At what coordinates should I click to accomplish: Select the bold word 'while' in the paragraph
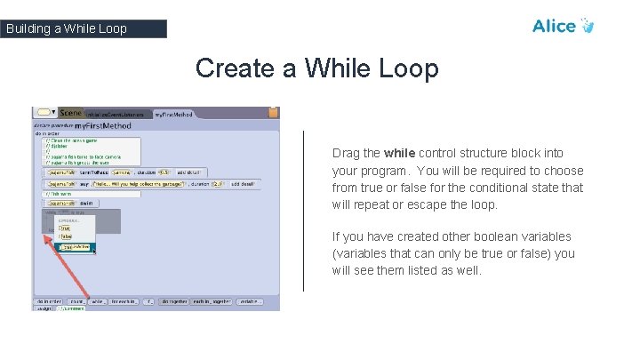coord(399,153)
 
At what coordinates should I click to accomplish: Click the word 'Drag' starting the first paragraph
coord(347,153)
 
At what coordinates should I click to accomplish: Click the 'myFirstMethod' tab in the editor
coord(173,114)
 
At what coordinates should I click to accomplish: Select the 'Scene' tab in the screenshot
coord(70,113)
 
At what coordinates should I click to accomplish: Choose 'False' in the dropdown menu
coord(65,237)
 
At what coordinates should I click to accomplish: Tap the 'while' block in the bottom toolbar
coord(98,301)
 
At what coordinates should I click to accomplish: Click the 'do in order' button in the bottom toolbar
coord(48,301)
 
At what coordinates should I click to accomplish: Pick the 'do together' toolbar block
coord(174,301)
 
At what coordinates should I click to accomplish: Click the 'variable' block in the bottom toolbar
coord(249,301)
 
